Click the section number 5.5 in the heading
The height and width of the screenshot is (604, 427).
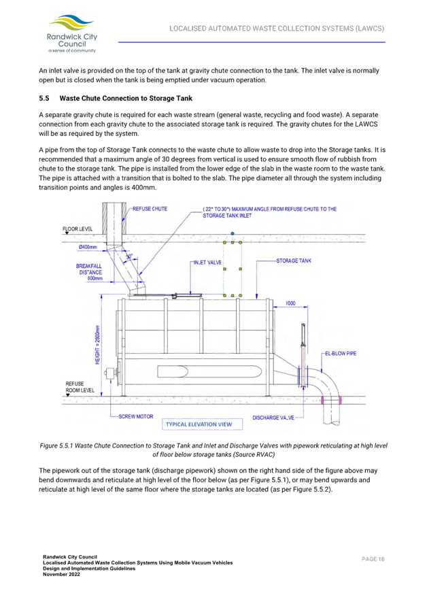tap(44, 98)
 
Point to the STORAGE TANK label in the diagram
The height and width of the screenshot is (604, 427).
tap(294, 261)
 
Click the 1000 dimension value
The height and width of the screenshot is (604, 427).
tap(290, 303)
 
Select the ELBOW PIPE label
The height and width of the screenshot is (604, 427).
tap(339, 354)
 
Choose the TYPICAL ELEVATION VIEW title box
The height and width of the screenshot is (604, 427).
tap(199, 424)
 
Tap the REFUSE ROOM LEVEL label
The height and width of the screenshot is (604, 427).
tap(75, 387)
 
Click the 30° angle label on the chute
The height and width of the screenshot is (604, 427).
tap(129, 257)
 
